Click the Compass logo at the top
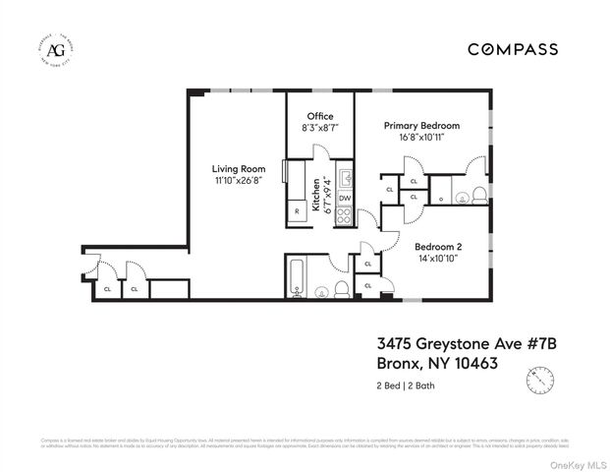coord(512,48)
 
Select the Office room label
coord(320,116)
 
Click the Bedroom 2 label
coord(437,246)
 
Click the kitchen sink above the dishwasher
coord(344,179)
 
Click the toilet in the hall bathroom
coord(341,287)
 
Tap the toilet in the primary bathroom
coord(477,193)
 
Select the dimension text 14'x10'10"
coord(437,258)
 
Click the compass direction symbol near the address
coord(537,378)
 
